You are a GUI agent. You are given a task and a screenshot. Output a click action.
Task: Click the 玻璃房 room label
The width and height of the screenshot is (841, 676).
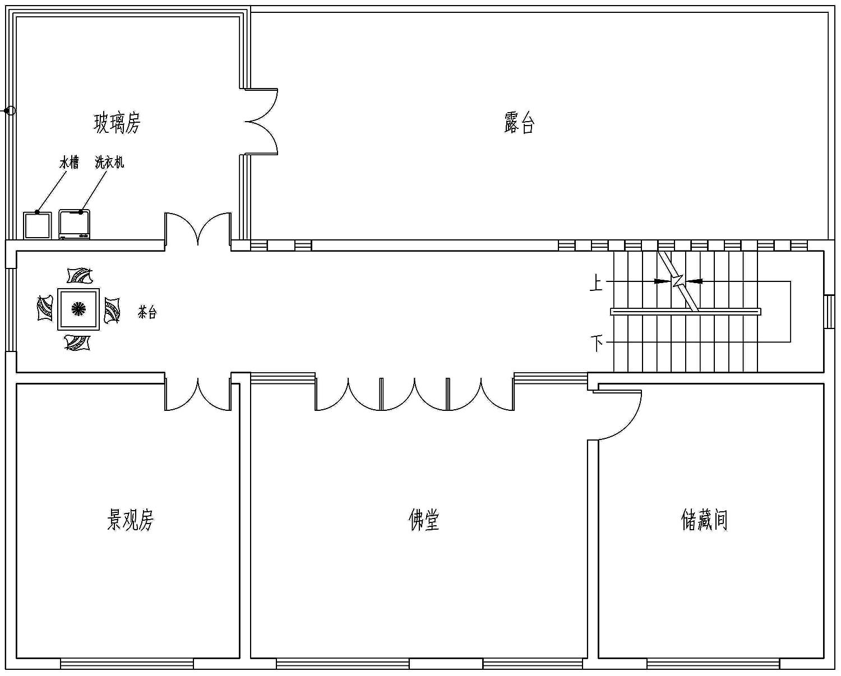(117, 123)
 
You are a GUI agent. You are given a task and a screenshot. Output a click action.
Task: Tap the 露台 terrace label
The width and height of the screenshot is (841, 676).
(519, 123)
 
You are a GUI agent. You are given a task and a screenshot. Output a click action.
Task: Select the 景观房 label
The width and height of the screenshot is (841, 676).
(131, 520)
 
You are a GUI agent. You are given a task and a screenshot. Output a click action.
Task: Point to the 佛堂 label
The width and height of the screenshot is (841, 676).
(424, 520)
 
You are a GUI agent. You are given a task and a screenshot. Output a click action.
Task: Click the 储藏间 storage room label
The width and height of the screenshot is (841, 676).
(704, 520)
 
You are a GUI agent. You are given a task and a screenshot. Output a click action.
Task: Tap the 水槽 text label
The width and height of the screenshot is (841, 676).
(69, 162)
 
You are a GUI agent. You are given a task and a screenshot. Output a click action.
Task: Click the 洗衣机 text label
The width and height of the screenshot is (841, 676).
(109, 162)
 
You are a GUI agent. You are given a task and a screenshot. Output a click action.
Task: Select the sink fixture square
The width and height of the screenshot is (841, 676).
(38, 225)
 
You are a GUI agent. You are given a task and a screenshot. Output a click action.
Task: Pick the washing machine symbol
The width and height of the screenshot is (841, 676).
(75, 225)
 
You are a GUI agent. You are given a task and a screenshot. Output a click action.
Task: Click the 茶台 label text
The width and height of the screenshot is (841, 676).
(147, 312)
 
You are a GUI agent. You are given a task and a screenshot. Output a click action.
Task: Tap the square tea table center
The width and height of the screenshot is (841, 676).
(78, 309)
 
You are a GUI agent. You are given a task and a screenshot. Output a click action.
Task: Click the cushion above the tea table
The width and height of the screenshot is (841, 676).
(80, 275)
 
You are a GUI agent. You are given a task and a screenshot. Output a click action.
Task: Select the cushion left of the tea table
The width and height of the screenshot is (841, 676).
(45, 308)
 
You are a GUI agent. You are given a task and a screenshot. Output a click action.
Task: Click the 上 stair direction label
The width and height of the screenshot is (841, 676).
(596, 283)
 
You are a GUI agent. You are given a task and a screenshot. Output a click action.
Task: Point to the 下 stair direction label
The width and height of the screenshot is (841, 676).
(597, 344)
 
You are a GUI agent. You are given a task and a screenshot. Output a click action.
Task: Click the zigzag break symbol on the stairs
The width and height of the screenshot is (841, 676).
(678, 281)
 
